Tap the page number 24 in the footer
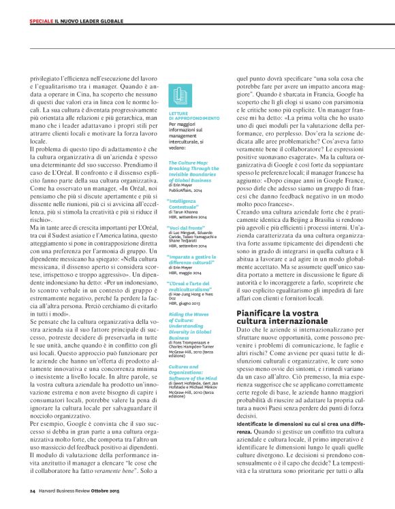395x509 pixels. [32, 489]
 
